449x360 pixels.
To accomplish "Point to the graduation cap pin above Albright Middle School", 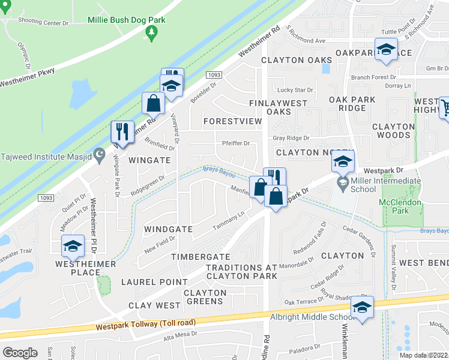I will [363, 307].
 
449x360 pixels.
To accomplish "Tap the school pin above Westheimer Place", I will [73, 246].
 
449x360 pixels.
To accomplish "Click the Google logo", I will [20, 353].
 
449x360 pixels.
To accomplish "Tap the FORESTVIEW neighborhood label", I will [232, 121].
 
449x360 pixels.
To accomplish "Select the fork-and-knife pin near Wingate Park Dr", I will [122, 133].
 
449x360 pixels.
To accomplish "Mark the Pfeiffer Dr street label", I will [235, 143].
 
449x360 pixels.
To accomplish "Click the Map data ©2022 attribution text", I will [423, 355].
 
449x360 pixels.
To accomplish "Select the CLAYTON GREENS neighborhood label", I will [205, 297].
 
